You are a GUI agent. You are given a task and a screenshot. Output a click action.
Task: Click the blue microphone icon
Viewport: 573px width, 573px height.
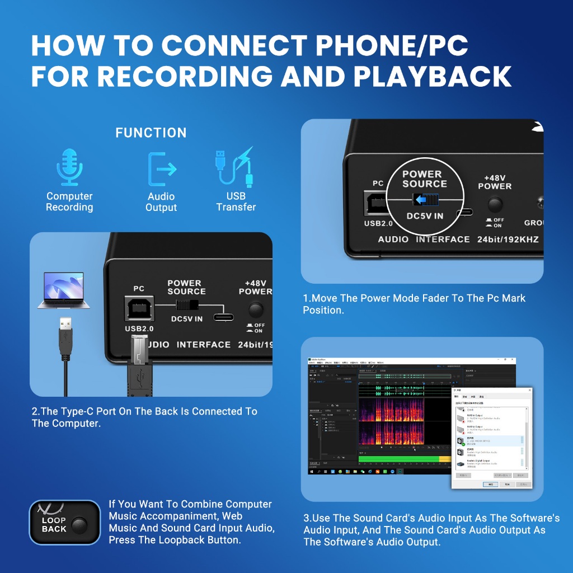[70, 166]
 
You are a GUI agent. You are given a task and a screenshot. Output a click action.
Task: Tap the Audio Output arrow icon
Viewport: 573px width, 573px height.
[161, 168]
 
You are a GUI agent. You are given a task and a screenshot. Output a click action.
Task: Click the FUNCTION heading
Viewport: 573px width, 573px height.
[151, 133]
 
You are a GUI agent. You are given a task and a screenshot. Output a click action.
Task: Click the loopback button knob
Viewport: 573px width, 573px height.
[79, 525]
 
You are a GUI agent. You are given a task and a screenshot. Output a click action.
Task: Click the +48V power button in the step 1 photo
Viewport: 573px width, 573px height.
[494, 204]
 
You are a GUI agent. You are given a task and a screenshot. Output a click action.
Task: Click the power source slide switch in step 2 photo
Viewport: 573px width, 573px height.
[186, 305]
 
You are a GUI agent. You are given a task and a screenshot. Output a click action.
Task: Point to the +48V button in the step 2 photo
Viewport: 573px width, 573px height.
[256, 309]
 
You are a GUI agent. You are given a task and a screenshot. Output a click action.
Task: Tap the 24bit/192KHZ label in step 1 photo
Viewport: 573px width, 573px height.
[508, 239]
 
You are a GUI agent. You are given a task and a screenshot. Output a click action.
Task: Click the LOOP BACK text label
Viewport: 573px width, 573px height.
[54, 525]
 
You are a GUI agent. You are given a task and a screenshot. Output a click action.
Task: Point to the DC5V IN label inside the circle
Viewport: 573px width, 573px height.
[425, 216]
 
